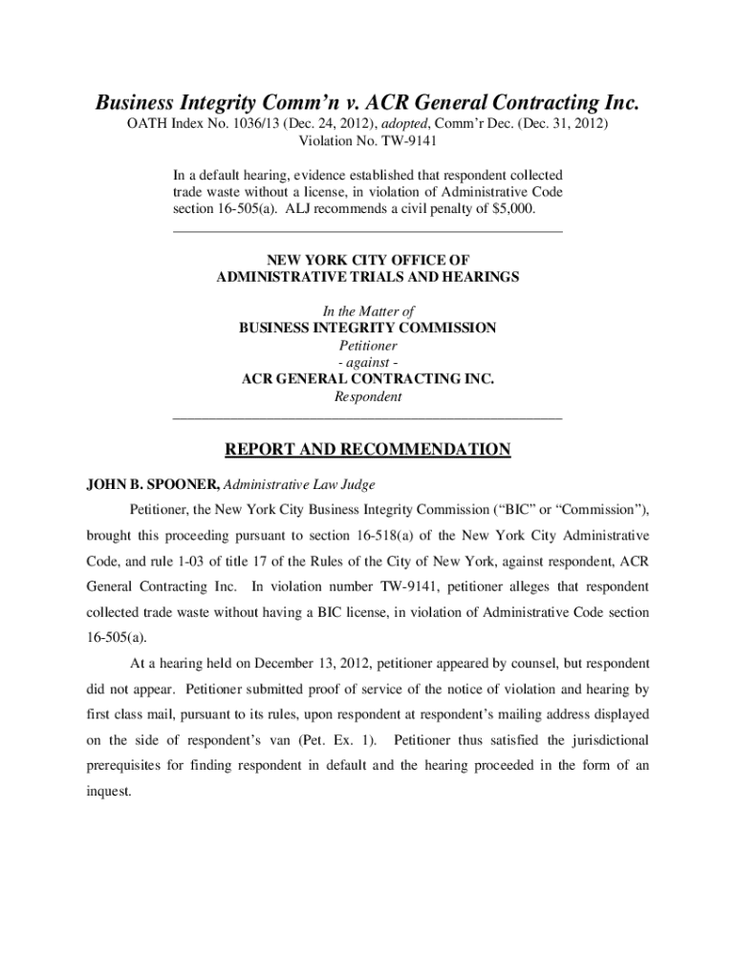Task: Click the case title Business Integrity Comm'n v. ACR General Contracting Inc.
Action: click(x=367, y=102)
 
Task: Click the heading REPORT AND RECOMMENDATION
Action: click(x=367, y=450)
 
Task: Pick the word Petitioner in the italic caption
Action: click(x=368, y=345)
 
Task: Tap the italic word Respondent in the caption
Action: click(x=368, y=396)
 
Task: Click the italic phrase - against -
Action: click(x=368, y=362)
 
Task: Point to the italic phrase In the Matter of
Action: click(x=368, y=310)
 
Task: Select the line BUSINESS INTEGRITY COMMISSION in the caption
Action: click(x=368, y=328)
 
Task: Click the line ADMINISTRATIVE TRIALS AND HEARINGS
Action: click(x=368, y=277)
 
